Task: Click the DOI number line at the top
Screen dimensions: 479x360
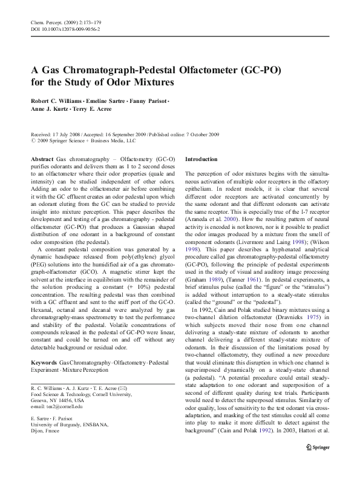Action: (x=65, y=28)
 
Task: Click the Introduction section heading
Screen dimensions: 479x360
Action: (x=201, y=159)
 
